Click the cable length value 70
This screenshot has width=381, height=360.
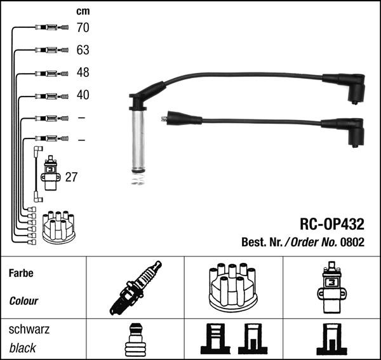click(83, 27)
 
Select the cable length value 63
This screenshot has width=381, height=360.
click(83, 50)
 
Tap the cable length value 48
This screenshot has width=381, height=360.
click(83, 72)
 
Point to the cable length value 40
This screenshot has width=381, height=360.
click(83, 95)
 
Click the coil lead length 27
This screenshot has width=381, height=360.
click(71, 177)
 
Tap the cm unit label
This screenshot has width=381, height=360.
click(83, 11)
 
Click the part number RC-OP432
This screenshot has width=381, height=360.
click(332, 224)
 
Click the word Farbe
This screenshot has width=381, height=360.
click(21, 273)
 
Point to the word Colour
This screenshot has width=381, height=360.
click(23, 301)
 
